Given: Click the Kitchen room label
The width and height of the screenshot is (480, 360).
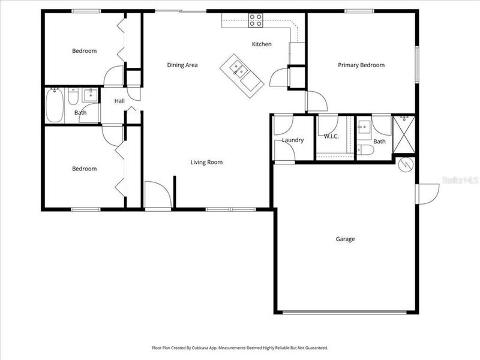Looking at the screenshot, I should pyautogui.click(x=262, y=44).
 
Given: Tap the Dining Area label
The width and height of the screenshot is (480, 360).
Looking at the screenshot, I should pyautogui.click(x=182, y=65).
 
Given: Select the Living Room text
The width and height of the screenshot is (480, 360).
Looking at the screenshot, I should pyautogui.click(x=206, y=162).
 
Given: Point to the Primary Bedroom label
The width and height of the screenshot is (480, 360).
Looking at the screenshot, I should pyautogui.click(x=361, y=65).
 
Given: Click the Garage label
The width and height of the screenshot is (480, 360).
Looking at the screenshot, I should pyautogui.click(x=345, y=239).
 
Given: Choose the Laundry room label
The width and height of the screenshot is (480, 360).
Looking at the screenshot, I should pyautogui.click(x=293, y=140).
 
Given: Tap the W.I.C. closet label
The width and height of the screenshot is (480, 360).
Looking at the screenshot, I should pyautogui.click(x=331, y=136).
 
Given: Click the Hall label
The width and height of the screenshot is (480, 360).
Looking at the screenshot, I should pyautogui.click(x=119, y=101).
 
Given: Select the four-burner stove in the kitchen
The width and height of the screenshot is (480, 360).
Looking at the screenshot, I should pyautogui.click(x=256, y=20).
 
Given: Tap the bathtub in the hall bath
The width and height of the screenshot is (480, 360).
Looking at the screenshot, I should pyautogui.click(x=56, y=106).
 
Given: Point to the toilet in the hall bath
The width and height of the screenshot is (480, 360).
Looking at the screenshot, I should pyautogui.click(x=73, y=95).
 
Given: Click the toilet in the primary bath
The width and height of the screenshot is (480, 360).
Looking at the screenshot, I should pyautogui.click(x=365, y=150).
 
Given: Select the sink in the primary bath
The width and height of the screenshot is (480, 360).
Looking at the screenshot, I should pyautogui.click(x=364, y=128).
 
